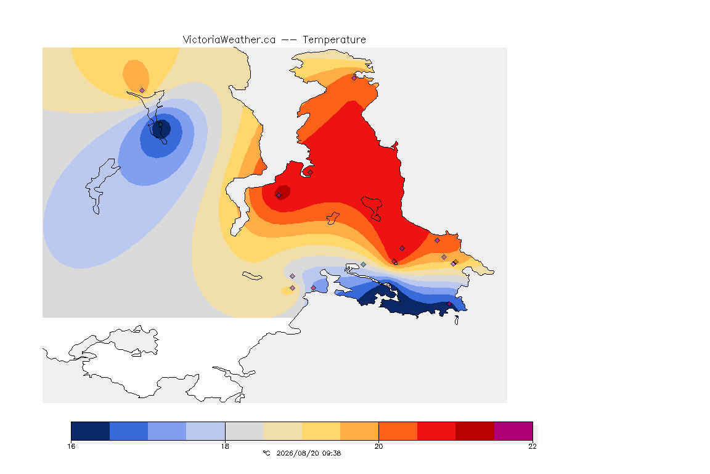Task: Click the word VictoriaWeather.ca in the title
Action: click(x=229, y=40)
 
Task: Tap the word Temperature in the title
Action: click(x=335, y=40)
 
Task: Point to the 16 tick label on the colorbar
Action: click(x=71, y=446)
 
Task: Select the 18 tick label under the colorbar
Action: click(x=225, y=446)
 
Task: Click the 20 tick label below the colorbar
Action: click(x=378, y=446)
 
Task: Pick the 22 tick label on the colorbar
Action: click(x=532, y=446)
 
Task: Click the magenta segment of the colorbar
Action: click(x=513, y=431)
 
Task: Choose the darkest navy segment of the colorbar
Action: click(x=91, y=431)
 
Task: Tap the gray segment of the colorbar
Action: click(x=245, y=431)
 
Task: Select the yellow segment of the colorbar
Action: click(x=321, y=431)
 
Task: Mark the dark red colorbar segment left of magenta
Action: click(x=475, y=431)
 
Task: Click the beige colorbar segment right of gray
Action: click(x=282, y=431)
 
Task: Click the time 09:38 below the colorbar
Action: click(x=332, y=453)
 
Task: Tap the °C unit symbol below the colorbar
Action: click(x=266, y=453)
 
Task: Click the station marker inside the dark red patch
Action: click(x=279, y=196)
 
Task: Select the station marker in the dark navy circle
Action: click(x=160, y=124)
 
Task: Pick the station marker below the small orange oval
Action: click(x=142, y=91)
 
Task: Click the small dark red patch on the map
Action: click(x=282, y=192)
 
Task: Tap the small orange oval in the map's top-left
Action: click(x=136, y=76)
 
